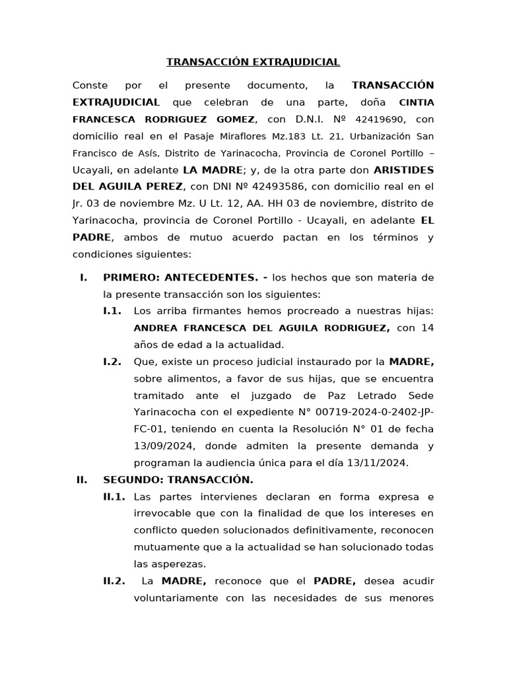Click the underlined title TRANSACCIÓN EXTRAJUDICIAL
pos(253,63)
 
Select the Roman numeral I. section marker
pos(83,278)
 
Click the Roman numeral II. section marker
pos(82,479)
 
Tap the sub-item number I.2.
pos(112,362)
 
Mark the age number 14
pos(427,327)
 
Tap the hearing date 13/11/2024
pos(380,463)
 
